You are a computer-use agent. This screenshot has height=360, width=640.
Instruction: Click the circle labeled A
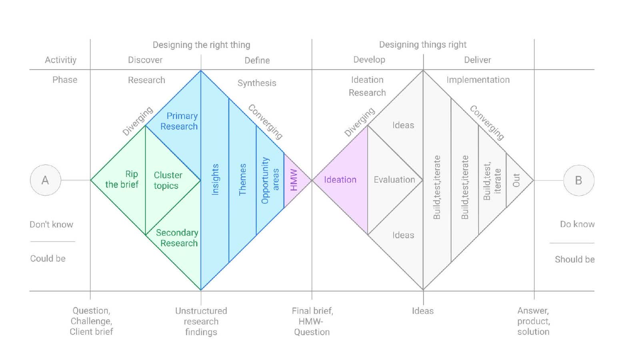(46, 180)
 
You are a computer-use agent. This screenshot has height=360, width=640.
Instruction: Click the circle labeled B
(578, 180)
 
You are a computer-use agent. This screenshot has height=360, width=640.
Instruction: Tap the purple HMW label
(294, 180)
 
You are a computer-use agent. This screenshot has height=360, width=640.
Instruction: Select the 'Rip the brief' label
(122, 179)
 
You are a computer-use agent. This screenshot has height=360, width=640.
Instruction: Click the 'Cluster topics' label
(168, 180)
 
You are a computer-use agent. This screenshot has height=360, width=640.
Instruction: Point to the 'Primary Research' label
(179, 121)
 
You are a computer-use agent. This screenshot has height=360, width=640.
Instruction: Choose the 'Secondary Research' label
(177, 238)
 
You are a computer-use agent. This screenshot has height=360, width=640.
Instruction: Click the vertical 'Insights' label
(215, 180)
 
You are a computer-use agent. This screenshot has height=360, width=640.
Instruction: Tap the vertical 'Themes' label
(242, 180)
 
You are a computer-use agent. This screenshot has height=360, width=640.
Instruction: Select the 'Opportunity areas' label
(270, 180)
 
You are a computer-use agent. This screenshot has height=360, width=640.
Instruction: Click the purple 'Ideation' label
(340, 180)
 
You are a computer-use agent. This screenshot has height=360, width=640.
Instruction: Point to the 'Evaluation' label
(394, 180)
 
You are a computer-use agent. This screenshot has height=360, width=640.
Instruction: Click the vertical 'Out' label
(516, 180)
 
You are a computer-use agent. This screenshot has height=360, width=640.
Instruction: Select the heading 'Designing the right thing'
(201, 45)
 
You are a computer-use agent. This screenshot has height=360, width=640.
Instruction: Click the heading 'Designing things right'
(423, 44)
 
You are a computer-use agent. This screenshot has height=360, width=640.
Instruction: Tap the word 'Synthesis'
(257, 83)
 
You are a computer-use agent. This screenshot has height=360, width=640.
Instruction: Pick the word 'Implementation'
(478, 80)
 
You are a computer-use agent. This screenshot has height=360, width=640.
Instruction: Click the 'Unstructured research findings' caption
(201, 321)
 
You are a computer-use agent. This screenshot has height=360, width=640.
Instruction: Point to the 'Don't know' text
(52, 224)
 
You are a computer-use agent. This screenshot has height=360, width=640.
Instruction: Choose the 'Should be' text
(574, 260)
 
